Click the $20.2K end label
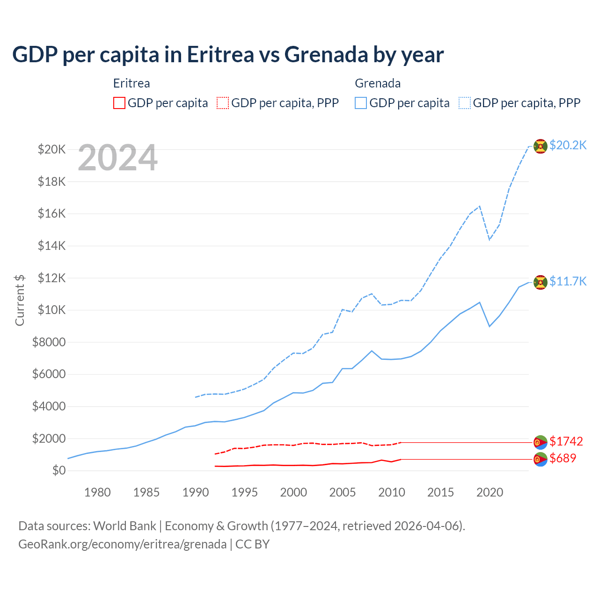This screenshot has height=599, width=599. pos(568,145)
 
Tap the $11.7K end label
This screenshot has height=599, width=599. pos(568,281)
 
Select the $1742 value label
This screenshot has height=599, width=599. pos(566,441)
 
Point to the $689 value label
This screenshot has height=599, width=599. pos(563,458)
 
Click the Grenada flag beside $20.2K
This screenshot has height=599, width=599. pos(541,146)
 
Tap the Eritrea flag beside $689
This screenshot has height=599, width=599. pos(541,460)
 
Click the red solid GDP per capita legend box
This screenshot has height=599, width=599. pos(119,103)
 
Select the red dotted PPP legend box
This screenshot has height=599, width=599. pos(223,103)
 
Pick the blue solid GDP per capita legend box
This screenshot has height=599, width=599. pos(361,103)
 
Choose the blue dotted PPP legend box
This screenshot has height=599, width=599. pos(465,103)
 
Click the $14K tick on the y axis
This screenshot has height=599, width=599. pos(51,246)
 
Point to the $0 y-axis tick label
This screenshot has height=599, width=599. pos(58,471)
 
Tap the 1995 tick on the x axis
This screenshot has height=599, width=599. pos(245,492)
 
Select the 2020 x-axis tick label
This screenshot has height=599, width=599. pos(489,492)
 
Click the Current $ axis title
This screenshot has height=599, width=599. pos(20,300)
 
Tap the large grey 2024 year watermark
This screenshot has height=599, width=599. pos(117,158)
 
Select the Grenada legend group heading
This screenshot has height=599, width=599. pos(378,83)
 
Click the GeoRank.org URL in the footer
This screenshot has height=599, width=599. pos(122,544)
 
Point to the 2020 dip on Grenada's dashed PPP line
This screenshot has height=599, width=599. pos(489,239)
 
